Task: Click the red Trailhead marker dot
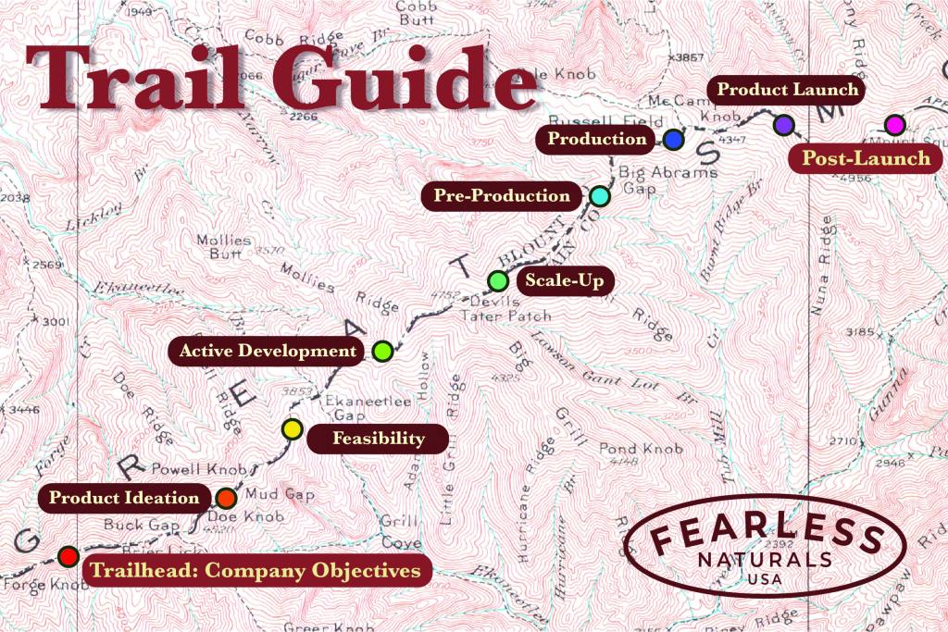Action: pyautogui.click(x=68, y=556)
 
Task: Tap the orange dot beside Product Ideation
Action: pyautogui.click(x=227, y=498)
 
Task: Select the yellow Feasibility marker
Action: pyautogui.click(x=292, y=428)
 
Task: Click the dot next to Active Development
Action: pyautogui.click(x=382, y=351)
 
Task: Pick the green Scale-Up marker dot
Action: pyautogui.click(x=498, y=280)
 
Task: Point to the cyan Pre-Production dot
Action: pyautogui.click(x=599, y=196)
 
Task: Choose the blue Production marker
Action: pyautogui.click(x=673, y=140)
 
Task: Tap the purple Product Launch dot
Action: pyautogui.click(x=784, y=124)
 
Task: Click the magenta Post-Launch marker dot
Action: pyautogui.click(x=894, y=124)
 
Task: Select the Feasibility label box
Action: pyautogui.click(x=378, y=439)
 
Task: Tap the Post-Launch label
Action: pyautogui.click(x=866, y=158)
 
